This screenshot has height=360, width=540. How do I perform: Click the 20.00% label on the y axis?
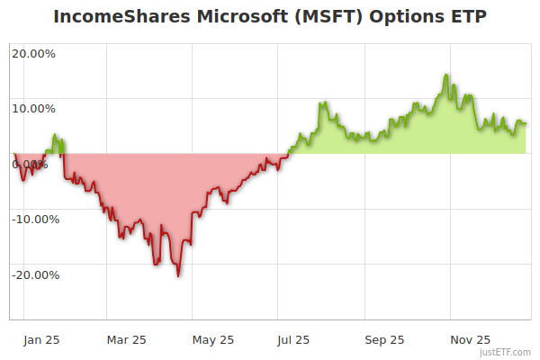[x=33, y=53]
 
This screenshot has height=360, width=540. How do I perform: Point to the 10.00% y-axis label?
[x=33, y=109]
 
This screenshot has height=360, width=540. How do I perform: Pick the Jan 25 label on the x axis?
[x=41, y=340]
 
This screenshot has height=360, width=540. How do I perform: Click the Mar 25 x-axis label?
[x=126, y=340]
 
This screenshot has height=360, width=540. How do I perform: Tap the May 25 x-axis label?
[x=213, y=340]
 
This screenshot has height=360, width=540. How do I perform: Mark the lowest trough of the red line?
[x=178, y=275]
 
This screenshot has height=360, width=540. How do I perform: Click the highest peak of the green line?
[x=446, y=75]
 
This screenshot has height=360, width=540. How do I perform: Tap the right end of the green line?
[x=526, y=123]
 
